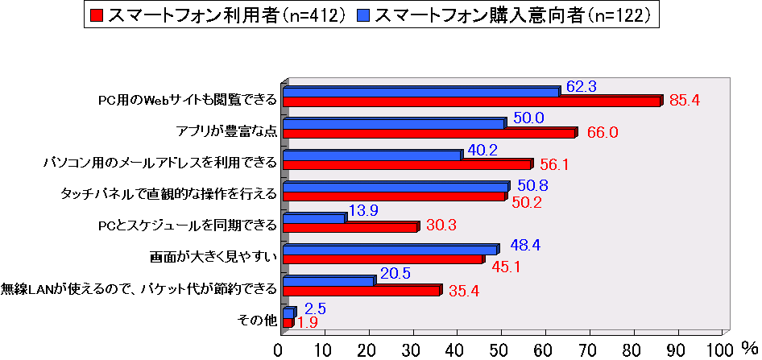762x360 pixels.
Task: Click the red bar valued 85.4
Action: coord(471,102)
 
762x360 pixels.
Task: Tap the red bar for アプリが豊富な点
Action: coord(429,133)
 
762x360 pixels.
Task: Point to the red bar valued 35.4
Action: coord(361,291)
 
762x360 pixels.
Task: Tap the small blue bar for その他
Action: coord(288,312)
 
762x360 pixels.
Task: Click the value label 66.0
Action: coord(603,133)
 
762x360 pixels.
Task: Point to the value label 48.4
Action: coord(524,243)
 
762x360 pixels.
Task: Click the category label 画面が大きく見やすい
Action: coord(213,259)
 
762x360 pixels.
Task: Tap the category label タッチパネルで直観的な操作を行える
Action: coord(169,194)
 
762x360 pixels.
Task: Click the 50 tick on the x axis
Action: coord(500,350)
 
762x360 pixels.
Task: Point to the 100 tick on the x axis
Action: coord(717,350)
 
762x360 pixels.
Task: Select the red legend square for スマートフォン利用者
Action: coord(97,14)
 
